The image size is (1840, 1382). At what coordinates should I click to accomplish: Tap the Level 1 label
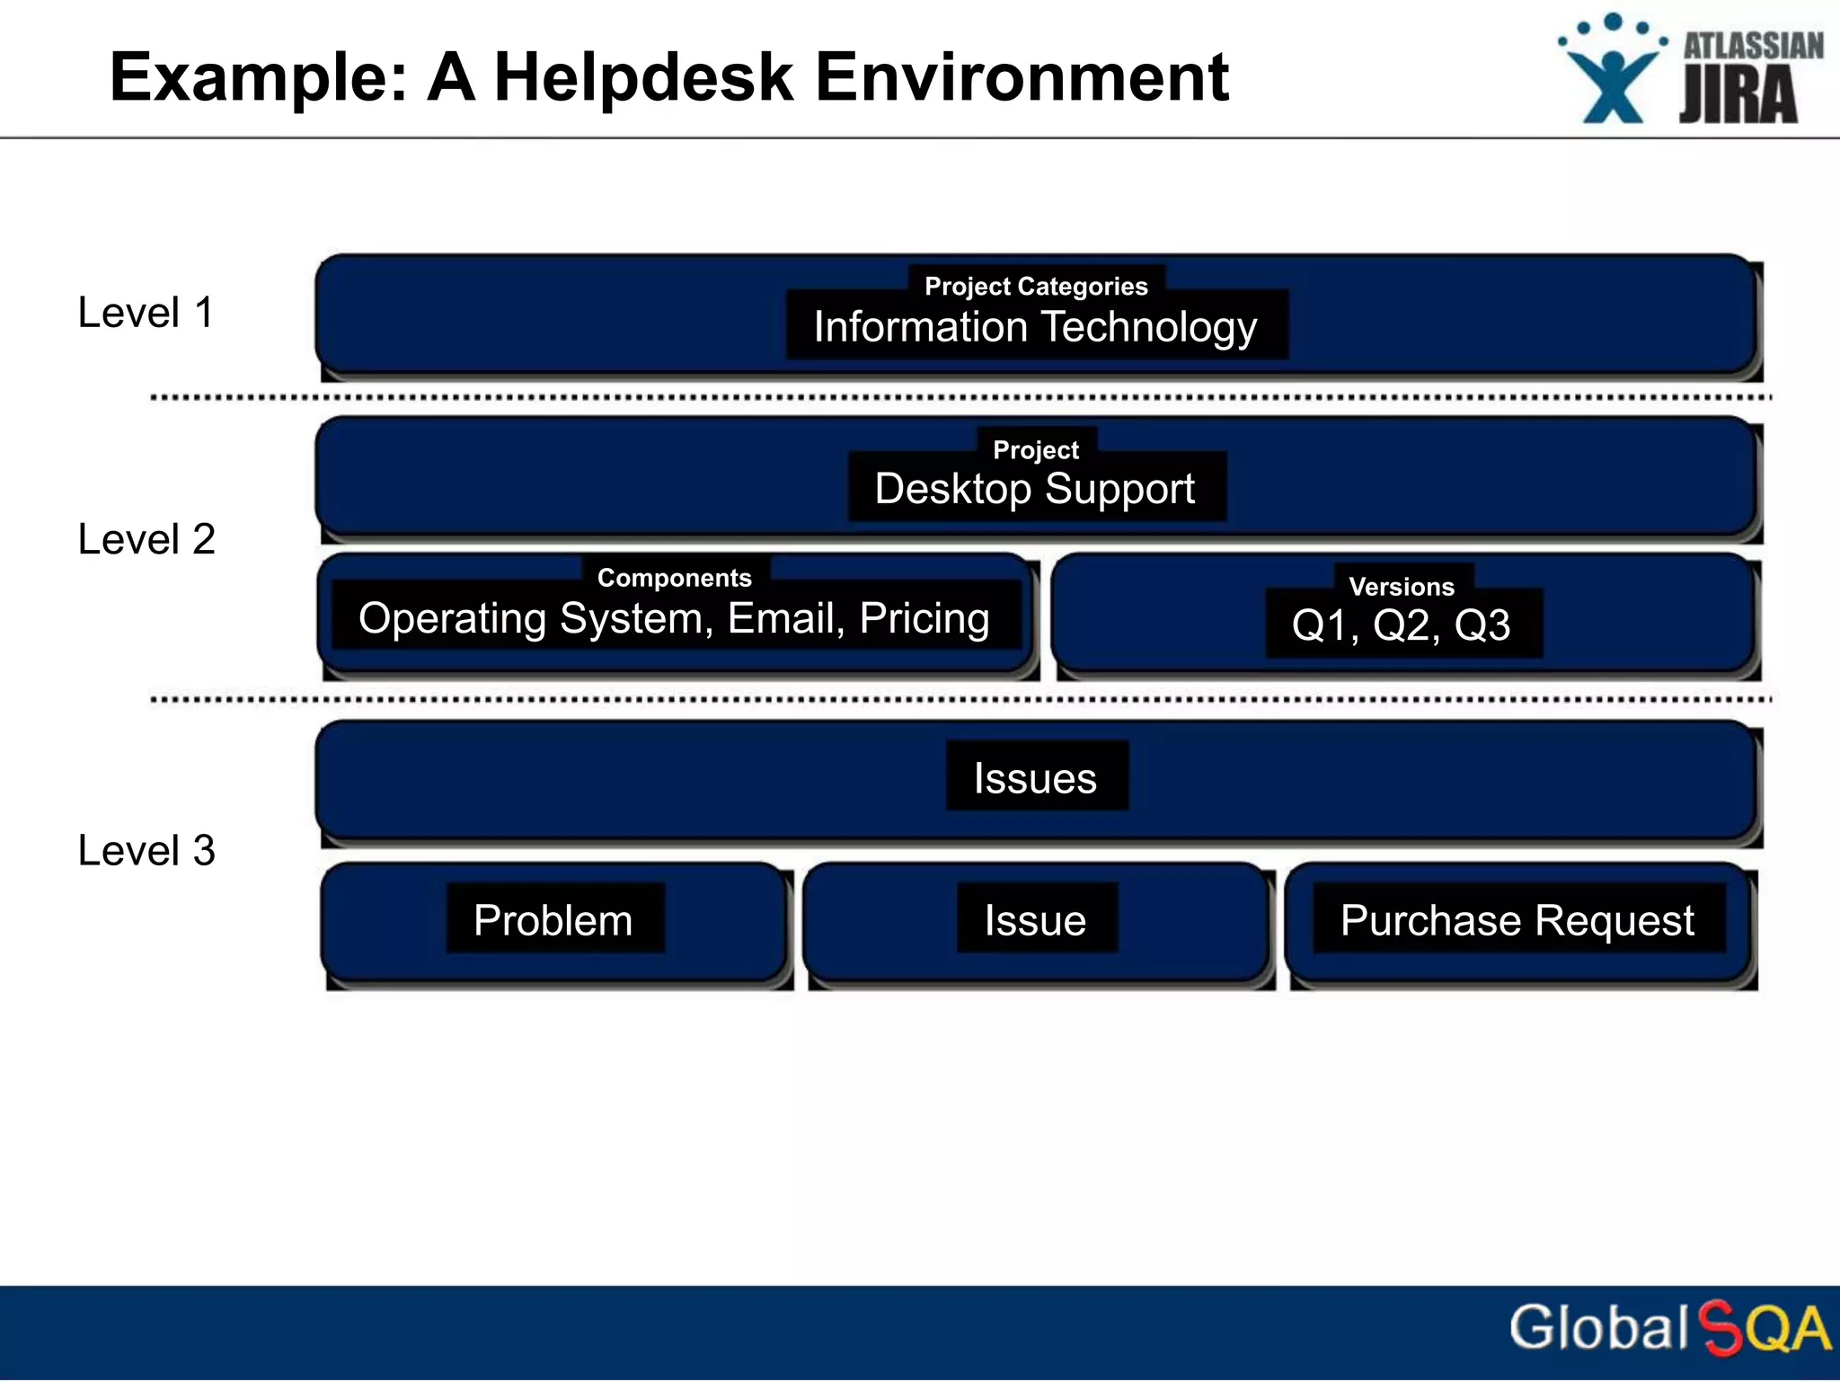[x=146, y=313]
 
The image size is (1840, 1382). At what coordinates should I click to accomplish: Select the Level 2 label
[x=146, y=539]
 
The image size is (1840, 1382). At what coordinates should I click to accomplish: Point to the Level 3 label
[x=146, y=850]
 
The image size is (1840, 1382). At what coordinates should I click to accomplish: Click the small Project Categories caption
[x=1036, y=286]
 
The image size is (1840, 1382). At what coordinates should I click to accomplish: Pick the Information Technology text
[x=1036, y=327]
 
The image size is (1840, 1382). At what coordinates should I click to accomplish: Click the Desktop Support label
[x=1035, y=489]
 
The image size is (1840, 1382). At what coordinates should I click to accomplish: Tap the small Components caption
[x=674, y=578]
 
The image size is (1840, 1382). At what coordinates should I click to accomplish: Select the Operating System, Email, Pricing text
[x=674, y=618]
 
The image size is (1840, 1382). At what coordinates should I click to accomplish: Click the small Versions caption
[x=1402, y=587]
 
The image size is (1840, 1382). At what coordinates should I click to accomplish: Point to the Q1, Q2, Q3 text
[x=1402, y=625]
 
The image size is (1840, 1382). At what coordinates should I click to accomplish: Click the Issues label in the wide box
[x=1036, y=778]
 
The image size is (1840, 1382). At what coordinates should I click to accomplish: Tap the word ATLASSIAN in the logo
[x=1752, y=45]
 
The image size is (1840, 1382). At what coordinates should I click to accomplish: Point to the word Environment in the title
[x=1022, y=77]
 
